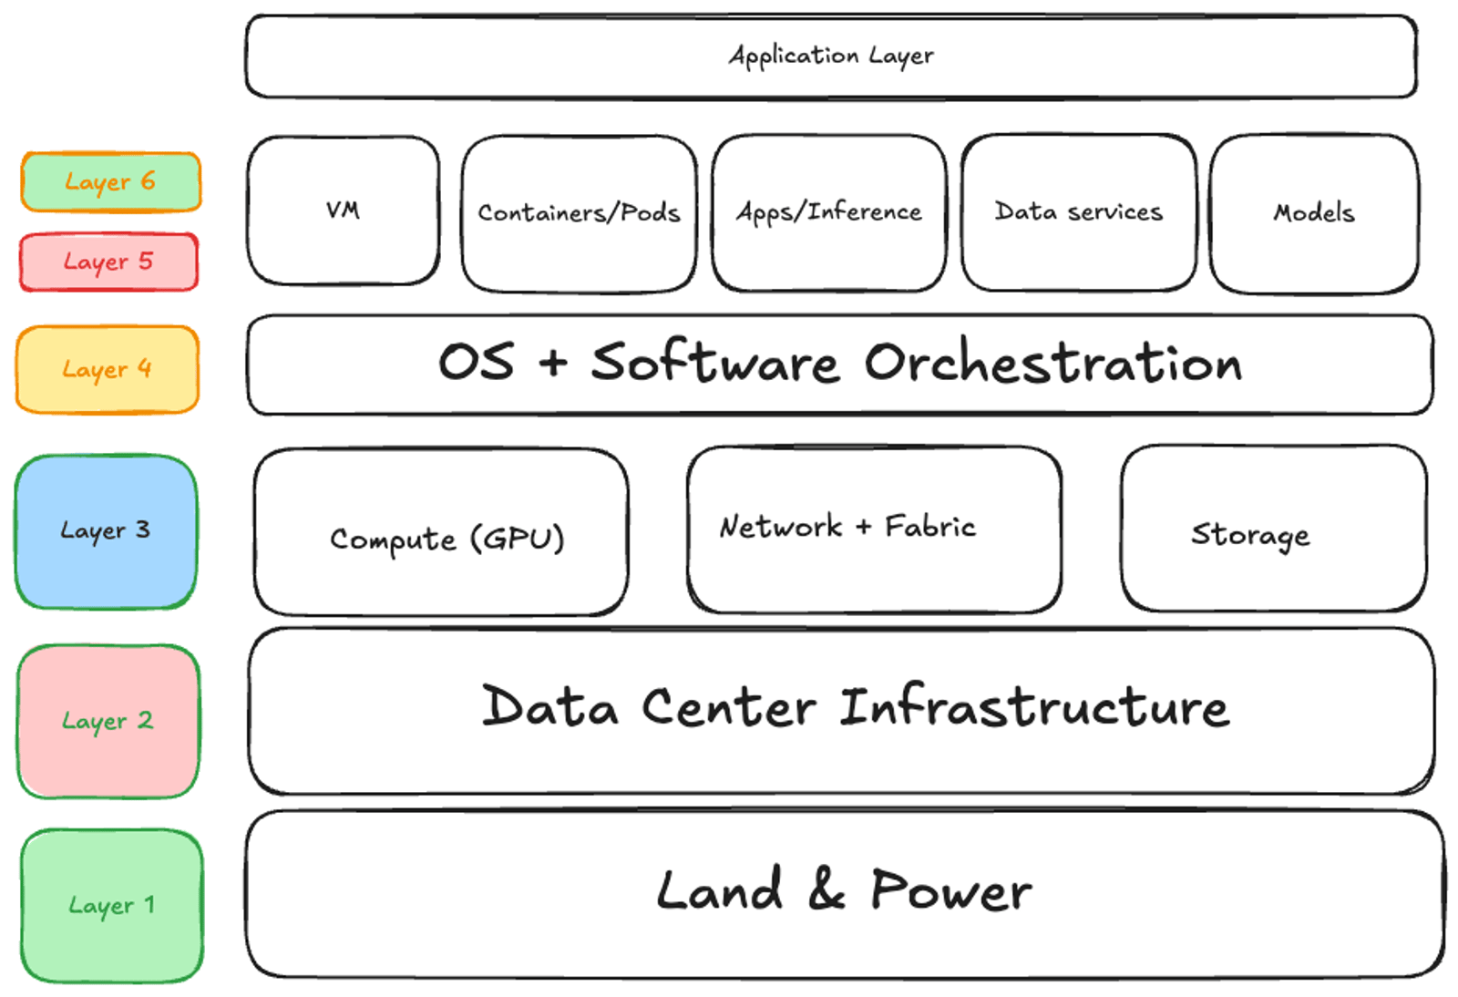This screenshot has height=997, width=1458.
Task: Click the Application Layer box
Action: point(830,57)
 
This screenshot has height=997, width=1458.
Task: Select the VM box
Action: point(343,211)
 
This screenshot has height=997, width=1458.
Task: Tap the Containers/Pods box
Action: point(579,213)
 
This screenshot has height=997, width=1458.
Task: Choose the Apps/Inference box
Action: point(828,212)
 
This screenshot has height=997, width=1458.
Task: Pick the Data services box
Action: point(1078,212)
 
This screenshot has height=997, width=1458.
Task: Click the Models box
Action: point(1313,213)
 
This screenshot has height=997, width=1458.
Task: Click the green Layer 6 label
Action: point(110,181)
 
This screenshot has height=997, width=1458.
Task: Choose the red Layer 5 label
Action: point(108,262)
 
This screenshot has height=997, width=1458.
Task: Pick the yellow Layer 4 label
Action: point(107,369)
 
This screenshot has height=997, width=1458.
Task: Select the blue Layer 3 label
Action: point(106,531)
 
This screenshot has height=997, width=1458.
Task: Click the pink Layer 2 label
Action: point(108,721)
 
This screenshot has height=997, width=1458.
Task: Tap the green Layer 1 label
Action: point(111,905)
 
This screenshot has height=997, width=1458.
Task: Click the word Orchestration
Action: point(1052,364)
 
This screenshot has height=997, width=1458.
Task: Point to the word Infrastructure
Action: point(1033,708)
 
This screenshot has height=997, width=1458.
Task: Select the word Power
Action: point(950,890)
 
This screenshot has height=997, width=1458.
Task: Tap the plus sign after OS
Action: point(552,363)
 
